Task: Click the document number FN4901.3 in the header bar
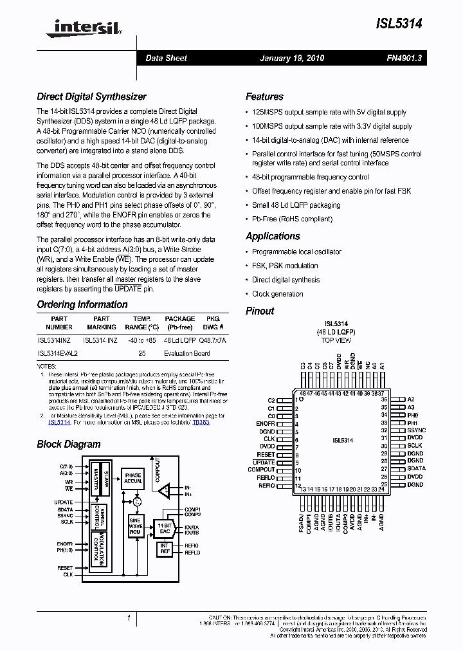click(404, 59)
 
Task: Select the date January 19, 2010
click(292, 59)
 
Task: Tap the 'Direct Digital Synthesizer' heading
click(91, 96)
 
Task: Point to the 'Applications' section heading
click(273, 236)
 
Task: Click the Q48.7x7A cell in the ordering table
click(213, 339)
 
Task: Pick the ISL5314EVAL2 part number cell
click(58, 353)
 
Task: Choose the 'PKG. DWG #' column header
click(213, 323)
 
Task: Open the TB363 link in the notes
click(201, 422)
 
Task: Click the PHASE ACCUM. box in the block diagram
click(133, 478)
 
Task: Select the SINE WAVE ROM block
click(135, 526)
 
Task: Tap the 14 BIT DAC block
click(165, 528)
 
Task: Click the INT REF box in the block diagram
click(165, 549)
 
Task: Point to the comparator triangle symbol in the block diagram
click(165, 491)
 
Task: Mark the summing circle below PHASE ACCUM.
click(136, 500)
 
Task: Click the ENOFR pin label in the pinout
click(266, 424)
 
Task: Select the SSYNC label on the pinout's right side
click(416, 430)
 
